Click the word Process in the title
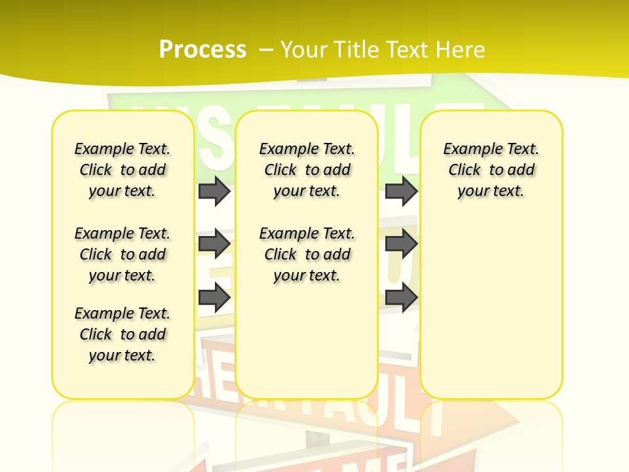(x=202, y=49)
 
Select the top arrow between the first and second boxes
(x=214, y=191)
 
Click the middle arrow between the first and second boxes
(x=214, y=244)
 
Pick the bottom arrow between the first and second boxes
(x=214, y=298)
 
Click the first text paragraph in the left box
(x=123, y=170)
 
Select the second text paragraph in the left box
(x=123, y=254)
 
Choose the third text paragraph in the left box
(x=123, y=334)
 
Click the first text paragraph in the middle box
(x=307, y=170)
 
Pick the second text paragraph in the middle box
(x=307, y=254)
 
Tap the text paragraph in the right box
(x=491, y=170)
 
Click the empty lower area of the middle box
(x=307, y=341)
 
